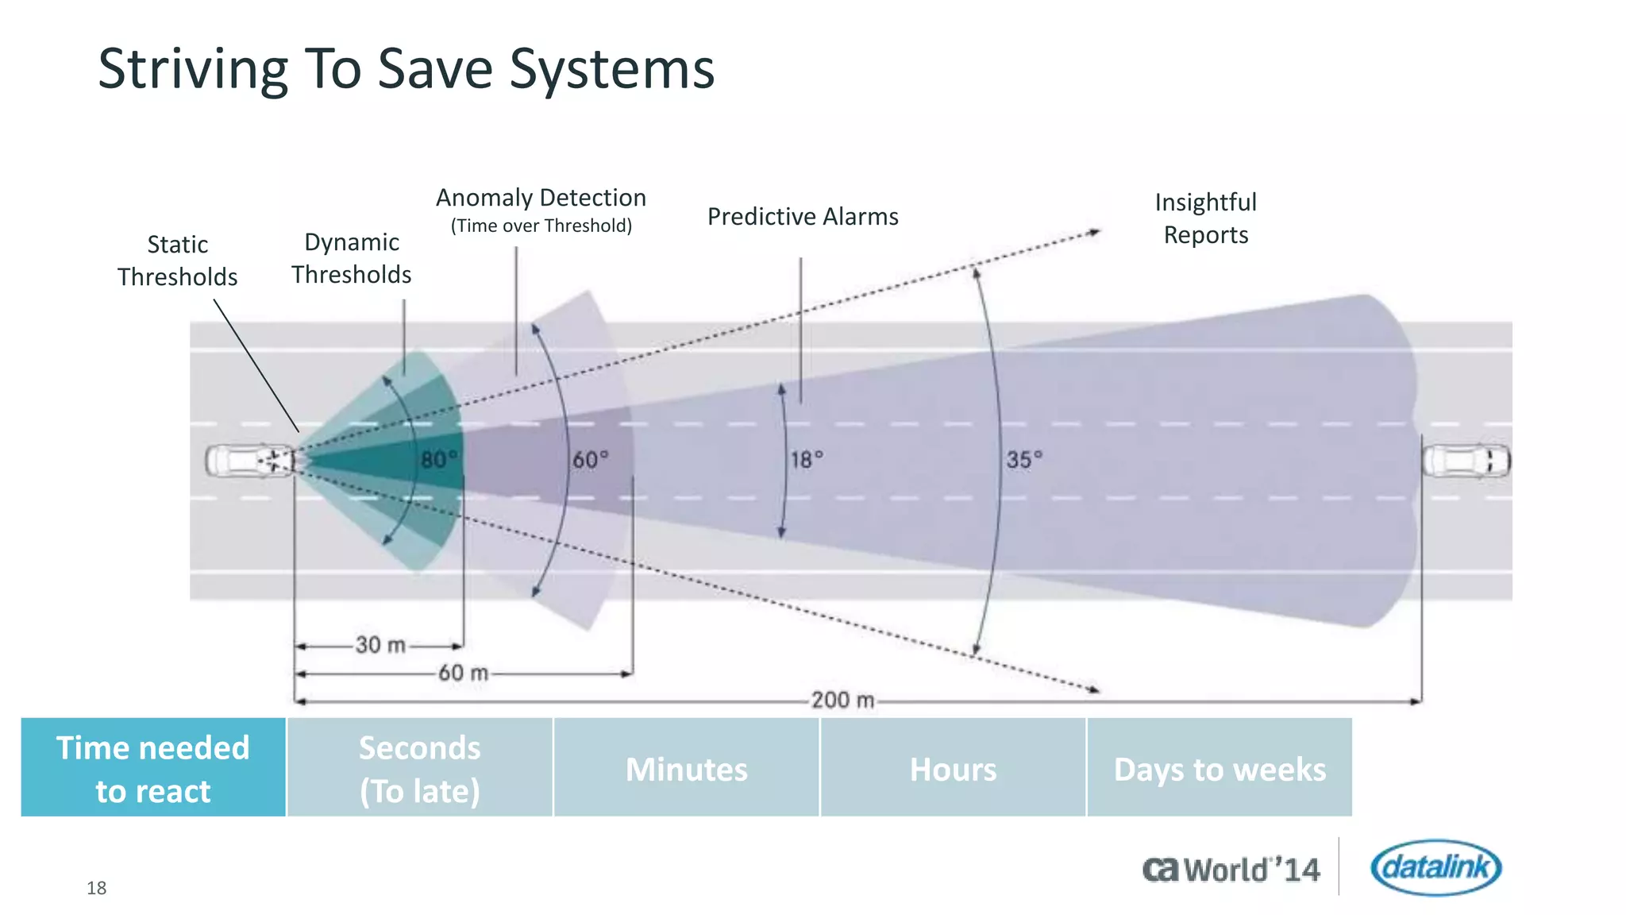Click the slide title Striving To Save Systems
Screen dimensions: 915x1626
[406, 69]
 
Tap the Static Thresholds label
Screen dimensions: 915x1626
[177, 261]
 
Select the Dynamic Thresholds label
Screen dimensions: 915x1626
[351, 258]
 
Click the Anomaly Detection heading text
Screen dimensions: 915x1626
[541, 198]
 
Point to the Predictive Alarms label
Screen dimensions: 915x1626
[802, 217]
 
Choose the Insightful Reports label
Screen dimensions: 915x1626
[1205, 218]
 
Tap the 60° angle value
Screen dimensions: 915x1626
[590, 460]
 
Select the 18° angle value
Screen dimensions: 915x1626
[807, 460]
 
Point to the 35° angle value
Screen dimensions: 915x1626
[1024, 460]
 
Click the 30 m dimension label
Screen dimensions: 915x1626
[380, 645]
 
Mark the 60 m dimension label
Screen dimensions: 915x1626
[464, 674]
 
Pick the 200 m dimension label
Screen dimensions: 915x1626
[842, 701]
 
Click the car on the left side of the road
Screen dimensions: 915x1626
[249, 461]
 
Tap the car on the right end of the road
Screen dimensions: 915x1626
[1466, 461]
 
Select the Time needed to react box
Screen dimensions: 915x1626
[153, 768]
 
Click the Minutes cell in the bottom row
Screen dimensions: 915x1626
[686, 768]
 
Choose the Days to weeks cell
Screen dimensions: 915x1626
[1219, 768]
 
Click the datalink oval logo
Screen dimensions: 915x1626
[1435, 867]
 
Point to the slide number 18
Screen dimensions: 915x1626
[96, 888]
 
